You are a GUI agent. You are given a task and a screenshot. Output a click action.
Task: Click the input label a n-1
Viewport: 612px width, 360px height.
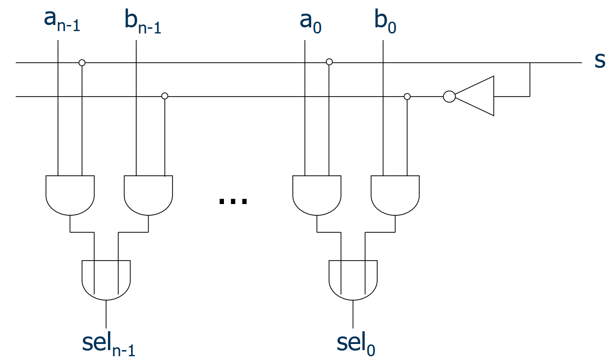(62, 21)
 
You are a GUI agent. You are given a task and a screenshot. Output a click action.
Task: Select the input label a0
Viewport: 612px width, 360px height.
(310, 21)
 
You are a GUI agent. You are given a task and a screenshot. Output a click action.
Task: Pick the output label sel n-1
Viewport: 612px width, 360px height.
(108, 344)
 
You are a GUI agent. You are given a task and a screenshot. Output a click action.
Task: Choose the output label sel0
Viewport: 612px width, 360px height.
(356, 344)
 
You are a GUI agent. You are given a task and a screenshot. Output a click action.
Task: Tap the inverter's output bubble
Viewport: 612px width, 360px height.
(449, 97)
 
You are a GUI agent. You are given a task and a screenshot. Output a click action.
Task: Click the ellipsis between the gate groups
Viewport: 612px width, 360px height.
(233, 201)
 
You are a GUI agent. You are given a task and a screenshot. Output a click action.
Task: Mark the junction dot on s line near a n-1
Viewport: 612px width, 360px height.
(82, 63)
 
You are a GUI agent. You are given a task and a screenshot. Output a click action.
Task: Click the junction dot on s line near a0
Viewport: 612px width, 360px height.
(329, 62)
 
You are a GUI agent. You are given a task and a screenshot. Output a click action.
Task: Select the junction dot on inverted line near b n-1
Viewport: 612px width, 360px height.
(165, 96)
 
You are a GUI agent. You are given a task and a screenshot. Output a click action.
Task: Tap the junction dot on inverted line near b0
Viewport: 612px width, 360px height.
(407, 97)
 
